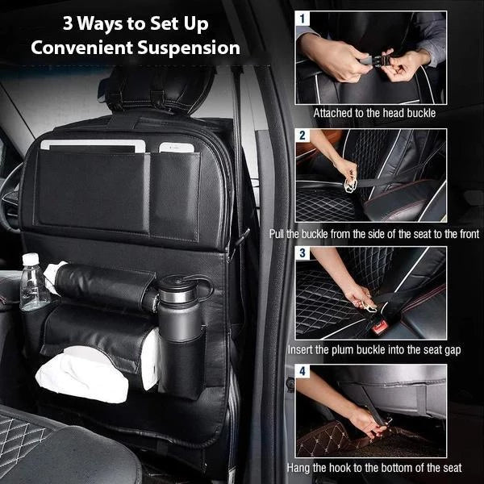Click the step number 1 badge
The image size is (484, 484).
[x=302, y=19]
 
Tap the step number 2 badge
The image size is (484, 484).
[x=302, y=136]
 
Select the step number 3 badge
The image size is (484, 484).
[x=302, y=253]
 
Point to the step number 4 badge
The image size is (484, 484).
[x=302, y=371]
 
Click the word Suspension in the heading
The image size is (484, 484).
[x=189, y=48]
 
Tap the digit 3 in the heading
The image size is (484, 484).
[x=68, y=23]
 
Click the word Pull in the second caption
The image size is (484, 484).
[x=277, y=234]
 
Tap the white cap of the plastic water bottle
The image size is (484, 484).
[x=31, y=259]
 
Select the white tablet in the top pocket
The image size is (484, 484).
[x=93, y=146]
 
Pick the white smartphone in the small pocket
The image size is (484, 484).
[x=177, y=148]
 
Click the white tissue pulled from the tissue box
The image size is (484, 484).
[x=82, y=375]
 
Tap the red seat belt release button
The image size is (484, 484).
[x=379, y=328]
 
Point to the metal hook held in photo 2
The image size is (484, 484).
[x=350, y=185]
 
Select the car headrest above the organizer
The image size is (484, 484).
[x=157, y=90]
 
